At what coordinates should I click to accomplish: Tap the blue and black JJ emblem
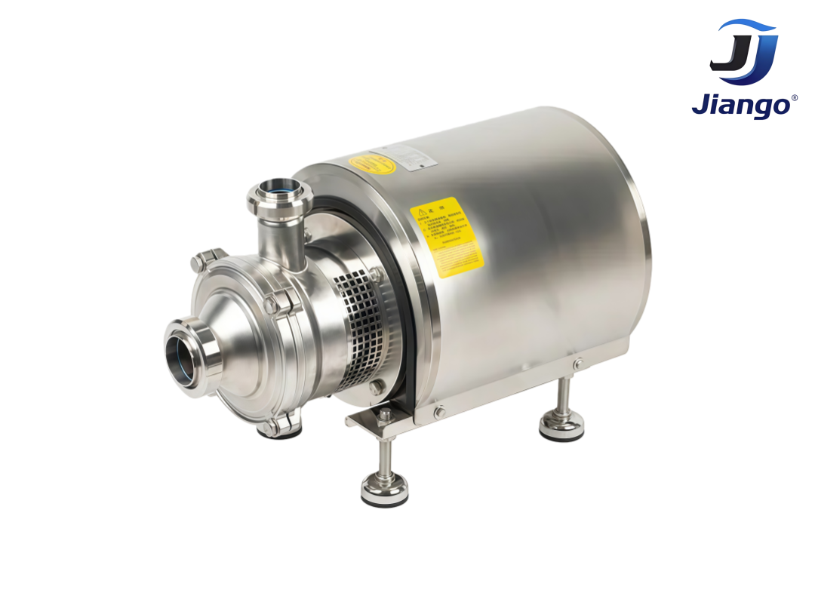pos(743,52)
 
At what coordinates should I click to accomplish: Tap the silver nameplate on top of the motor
pos(414,155)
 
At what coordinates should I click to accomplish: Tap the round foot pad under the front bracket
pos(384,490)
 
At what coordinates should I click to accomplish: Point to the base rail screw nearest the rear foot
pos(577,364)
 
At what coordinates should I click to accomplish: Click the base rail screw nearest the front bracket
pos(439,412)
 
